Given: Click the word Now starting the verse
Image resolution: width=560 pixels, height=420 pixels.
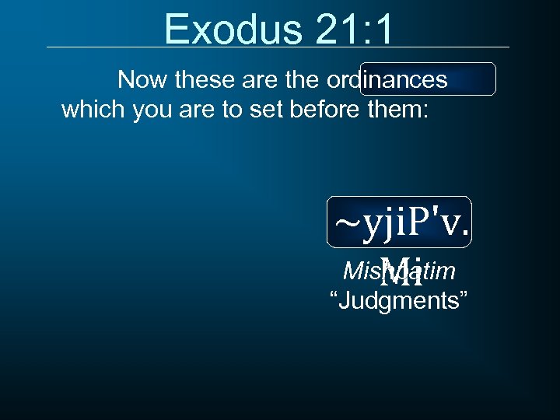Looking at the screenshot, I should coord(143,79).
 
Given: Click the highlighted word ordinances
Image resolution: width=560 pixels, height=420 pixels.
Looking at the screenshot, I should coord(387,79).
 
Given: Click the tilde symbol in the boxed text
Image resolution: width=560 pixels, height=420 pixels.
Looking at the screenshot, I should coord(346,222).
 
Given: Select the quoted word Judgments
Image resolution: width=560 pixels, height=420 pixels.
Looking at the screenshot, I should coord(399,301).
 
